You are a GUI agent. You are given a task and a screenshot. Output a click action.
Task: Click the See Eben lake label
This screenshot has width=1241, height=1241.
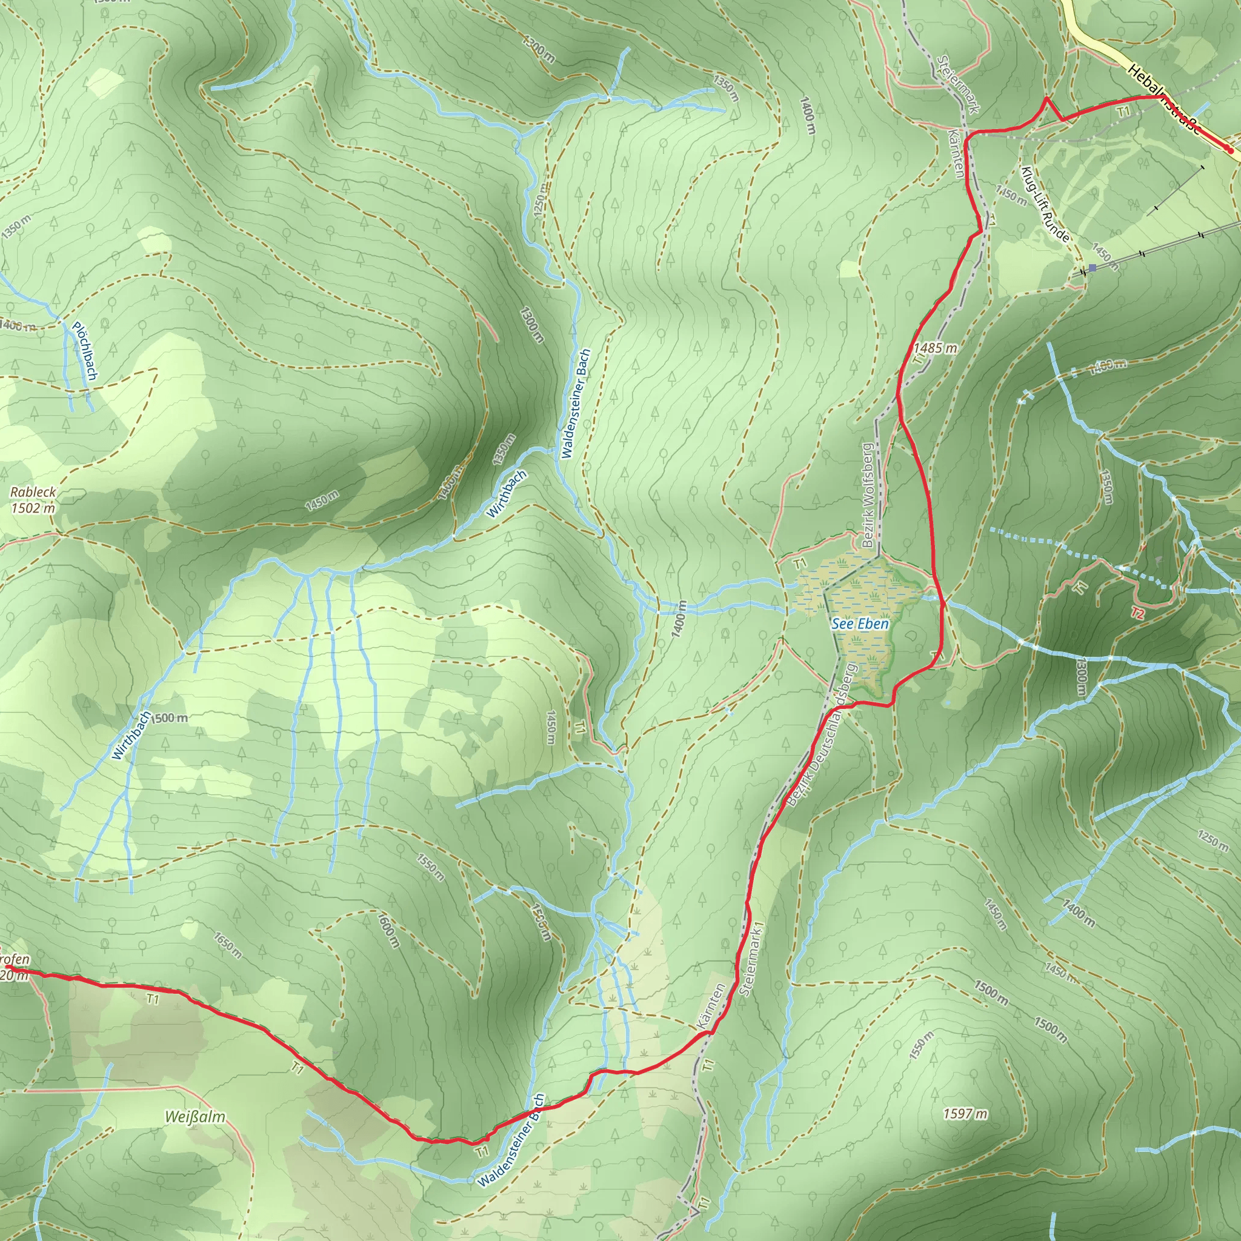pyautogui.click(x=859, y=624)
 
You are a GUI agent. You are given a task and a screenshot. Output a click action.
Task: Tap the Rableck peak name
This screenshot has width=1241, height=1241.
pyautogui.click(x=33, y=492)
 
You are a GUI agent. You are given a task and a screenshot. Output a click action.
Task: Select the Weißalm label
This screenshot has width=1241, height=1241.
pyautogui.click(x=195, y=1117)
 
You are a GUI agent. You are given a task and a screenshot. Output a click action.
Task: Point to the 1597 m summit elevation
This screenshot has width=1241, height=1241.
pyautogui.click(x=965, y=1114)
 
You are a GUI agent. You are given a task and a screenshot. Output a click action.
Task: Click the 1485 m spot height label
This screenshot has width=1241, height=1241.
pyautogui.click(x=935, y=348)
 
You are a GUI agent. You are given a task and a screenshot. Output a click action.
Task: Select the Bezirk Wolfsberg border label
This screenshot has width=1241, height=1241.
pyautogui.click(x=869, y=495)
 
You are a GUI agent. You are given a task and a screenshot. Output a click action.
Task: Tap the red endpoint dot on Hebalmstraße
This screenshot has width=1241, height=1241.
pyautogui.click(x=1230, y=150)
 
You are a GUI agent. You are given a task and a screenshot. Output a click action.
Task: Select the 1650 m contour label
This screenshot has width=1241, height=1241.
pyautogui.click(x=228, y=945)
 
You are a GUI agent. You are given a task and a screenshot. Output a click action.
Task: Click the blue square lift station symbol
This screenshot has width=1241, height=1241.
pyautogui.click(x=1092, y=267)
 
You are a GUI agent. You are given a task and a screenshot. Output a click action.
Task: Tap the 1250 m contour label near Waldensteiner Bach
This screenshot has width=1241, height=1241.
pyautogui.click(x=542, y=200)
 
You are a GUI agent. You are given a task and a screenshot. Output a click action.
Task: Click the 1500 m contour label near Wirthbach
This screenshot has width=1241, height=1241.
pyautogui.click(x=170, y=718)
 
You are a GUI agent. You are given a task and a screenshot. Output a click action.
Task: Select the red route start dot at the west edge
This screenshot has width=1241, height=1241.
pyautogui.click(x=7, y=966)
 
